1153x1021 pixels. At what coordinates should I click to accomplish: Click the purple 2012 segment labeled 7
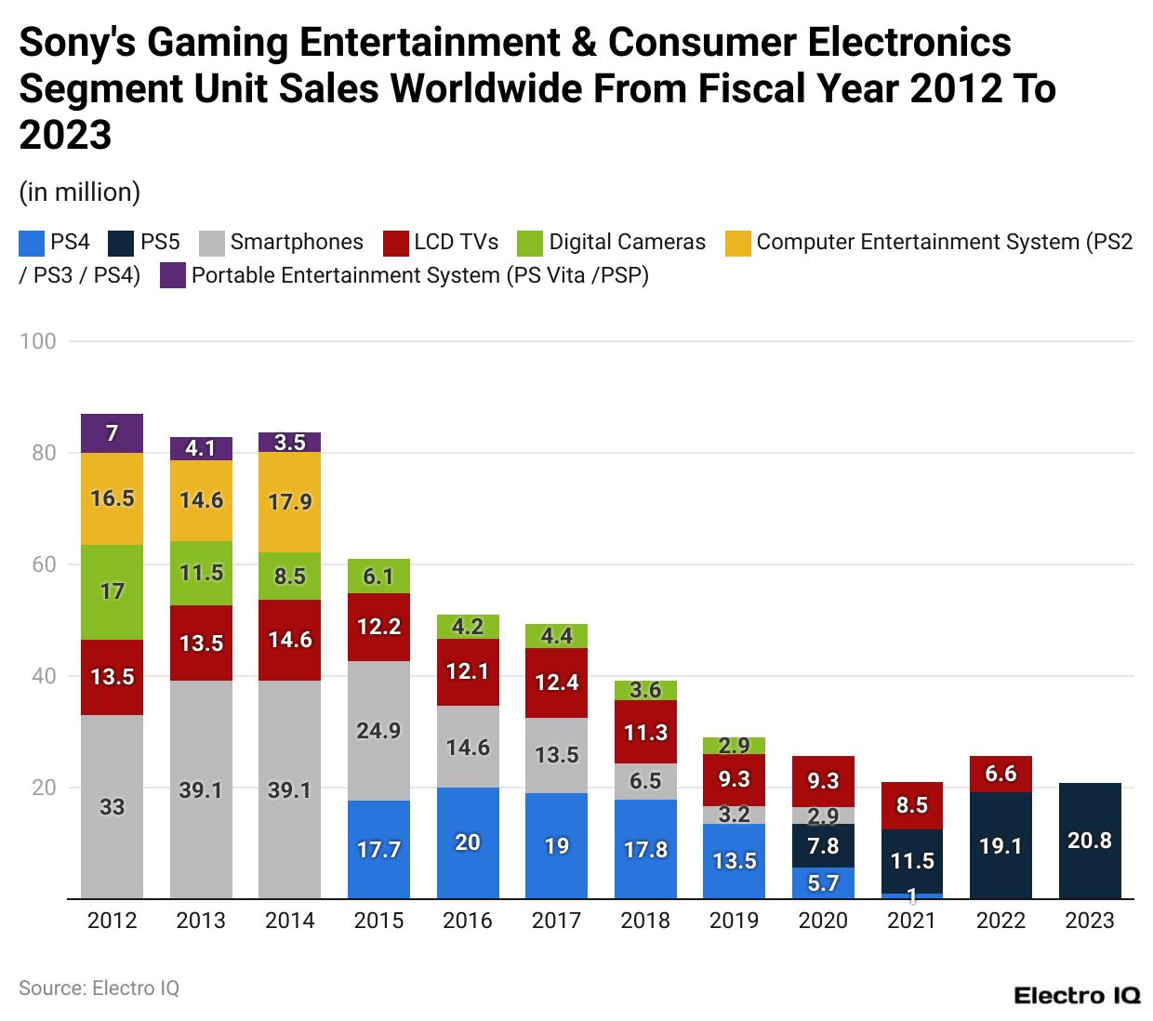tap(112, 433)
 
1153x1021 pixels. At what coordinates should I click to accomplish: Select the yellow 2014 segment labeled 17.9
tap(289, 502)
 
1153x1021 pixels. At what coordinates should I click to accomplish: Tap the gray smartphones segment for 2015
tap(378, 731)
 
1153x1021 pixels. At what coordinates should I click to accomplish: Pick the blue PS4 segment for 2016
tap(468, 842)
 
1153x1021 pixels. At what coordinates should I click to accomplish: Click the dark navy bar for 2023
tap(1090, 841)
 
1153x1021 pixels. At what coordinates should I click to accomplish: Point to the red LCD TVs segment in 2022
tap(1001, 774)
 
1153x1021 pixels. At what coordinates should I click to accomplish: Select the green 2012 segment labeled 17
tap(112, 591)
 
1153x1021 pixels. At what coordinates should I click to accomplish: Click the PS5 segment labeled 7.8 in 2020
tap(823, 846)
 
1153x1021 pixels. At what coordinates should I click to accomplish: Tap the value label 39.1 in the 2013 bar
tap(201, 790)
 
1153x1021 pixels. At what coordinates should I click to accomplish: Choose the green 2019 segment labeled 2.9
tap(734, 746)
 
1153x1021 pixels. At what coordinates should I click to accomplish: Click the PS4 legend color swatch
tap(32, 243)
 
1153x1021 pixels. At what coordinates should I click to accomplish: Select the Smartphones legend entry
tap(296, 243)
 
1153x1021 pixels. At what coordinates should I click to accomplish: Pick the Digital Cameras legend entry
tap(627, 243)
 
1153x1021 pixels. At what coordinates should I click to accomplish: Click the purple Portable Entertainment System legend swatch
tap(173, 276)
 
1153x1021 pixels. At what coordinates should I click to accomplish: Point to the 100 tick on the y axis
tap(38, 341)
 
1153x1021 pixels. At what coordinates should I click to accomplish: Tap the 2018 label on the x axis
tap(645, 921)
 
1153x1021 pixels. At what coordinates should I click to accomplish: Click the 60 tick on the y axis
tap(44, 564)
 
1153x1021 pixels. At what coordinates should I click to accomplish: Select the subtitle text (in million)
tap(80, 192)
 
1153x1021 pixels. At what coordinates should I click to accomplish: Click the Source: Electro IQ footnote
tap(99, 988)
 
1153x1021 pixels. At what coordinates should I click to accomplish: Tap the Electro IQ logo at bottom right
tap(1077, 996)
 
